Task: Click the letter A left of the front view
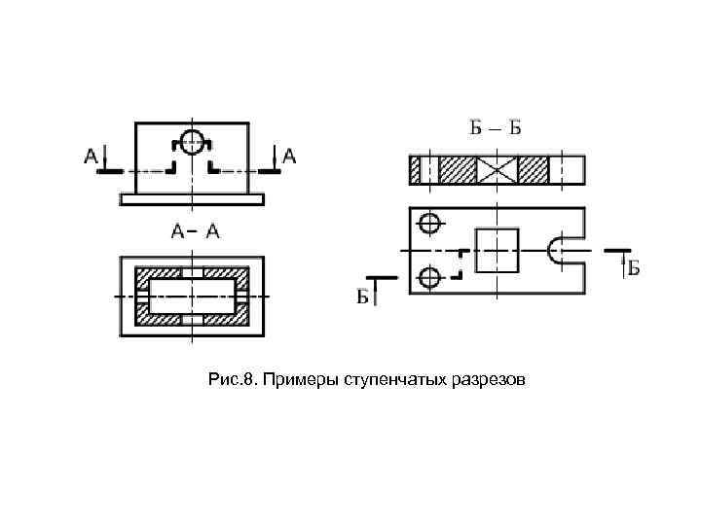point(91,155)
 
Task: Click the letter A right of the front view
point(290,155)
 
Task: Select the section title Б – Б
point(497,129)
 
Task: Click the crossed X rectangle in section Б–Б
point(497,170)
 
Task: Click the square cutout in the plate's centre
point(497,250)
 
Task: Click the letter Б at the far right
point(633,267)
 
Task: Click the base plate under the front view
point(193,199)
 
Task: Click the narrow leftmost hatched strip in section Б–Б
point(415,170)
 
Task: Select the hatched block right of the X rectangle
point(535,170)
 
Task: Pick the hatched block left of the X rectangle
point(458,170)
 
